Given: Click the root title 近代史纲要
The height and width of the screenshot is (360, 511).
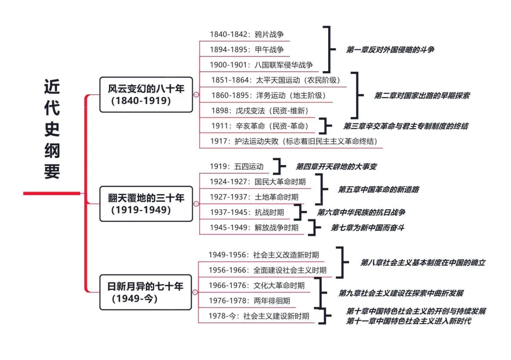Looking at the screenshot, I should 52,129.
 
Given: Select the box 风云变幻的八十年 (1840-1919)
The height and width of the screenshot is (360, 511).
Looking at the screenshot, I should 146,95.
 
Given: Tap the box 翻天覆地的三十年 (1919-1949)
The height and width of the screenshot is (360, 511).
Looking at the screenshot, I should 146,204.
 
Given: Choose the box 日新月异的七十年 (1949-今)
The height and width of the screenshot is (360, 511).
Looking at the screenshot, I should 146,292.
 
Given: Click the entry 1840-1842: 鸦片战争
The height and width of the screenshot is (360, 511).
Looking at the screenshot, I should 247,34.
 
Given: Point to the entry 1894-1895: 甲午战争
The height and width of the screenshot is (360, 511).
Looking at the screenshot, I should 247,49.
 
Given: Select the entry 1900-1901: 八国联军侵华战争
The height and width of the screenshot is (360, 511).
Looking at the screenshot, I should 261,65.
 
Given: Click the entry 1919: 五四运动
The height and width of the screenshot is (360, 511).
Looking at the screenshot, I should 237,166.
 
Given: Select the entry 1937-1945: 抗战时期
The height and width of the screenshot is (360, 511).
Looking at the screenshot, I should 247,212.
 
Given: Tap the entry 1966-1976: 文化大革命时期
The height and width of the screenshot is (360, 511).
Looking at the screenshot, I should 256,285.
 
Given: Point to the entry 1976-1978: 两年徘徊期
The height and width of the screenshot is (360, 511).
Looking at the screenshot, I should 250,301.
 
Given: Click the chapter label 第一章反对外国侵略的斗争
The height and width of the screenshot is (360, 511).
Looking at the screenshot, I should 390,49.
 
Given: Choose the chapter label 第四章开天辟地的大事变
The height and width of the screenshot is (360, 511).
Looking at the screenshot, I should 336,166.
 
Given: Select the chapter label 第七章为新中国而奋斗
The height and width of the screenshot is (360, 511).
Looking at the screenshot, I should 367,227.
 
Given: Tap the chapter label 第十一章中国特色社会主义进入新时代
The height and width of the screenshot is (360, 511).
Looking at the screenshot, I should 408,321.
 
